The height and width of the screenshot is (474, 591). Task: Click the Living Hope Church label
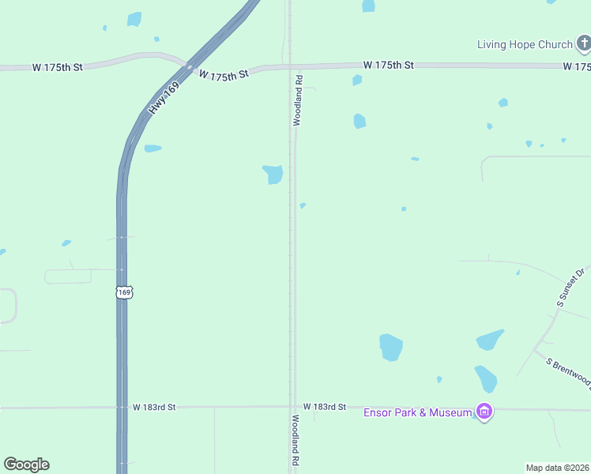524,44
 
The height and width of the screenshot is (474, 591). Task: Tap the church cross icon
583,43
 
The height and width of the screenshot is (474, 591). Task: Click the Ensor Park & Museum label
417,412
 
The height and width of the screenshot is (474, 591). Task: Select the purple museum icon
484,412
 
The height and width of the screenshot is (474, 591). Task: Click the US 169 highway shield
124,292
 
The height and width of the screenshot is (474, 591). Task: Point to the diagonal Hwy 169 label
162,100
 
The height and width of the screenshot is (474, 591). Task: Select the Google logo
26,464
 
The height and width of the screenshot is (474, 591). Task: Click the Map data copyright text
557,467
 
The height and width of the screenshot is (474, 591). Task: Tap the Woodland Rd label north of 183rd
298,100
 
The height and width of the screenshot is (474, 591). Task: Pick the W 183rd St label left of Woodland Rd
154,407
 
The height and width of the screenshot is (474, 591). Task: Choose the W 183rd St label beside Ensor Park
325,406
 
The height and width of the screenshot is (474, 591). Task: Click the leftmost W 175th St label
58,68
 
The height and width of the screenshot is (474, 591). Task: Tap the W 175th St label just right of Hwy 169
224,74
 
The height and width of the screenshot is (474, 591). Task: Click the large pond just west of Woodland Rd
273,174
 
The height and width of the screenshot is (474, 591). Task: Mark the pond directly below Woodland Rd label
359,121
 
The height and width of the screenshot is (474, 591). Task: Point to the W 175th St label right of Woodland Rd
388,64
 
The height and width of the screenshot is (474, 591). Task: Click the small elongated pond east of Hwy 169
152,148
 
